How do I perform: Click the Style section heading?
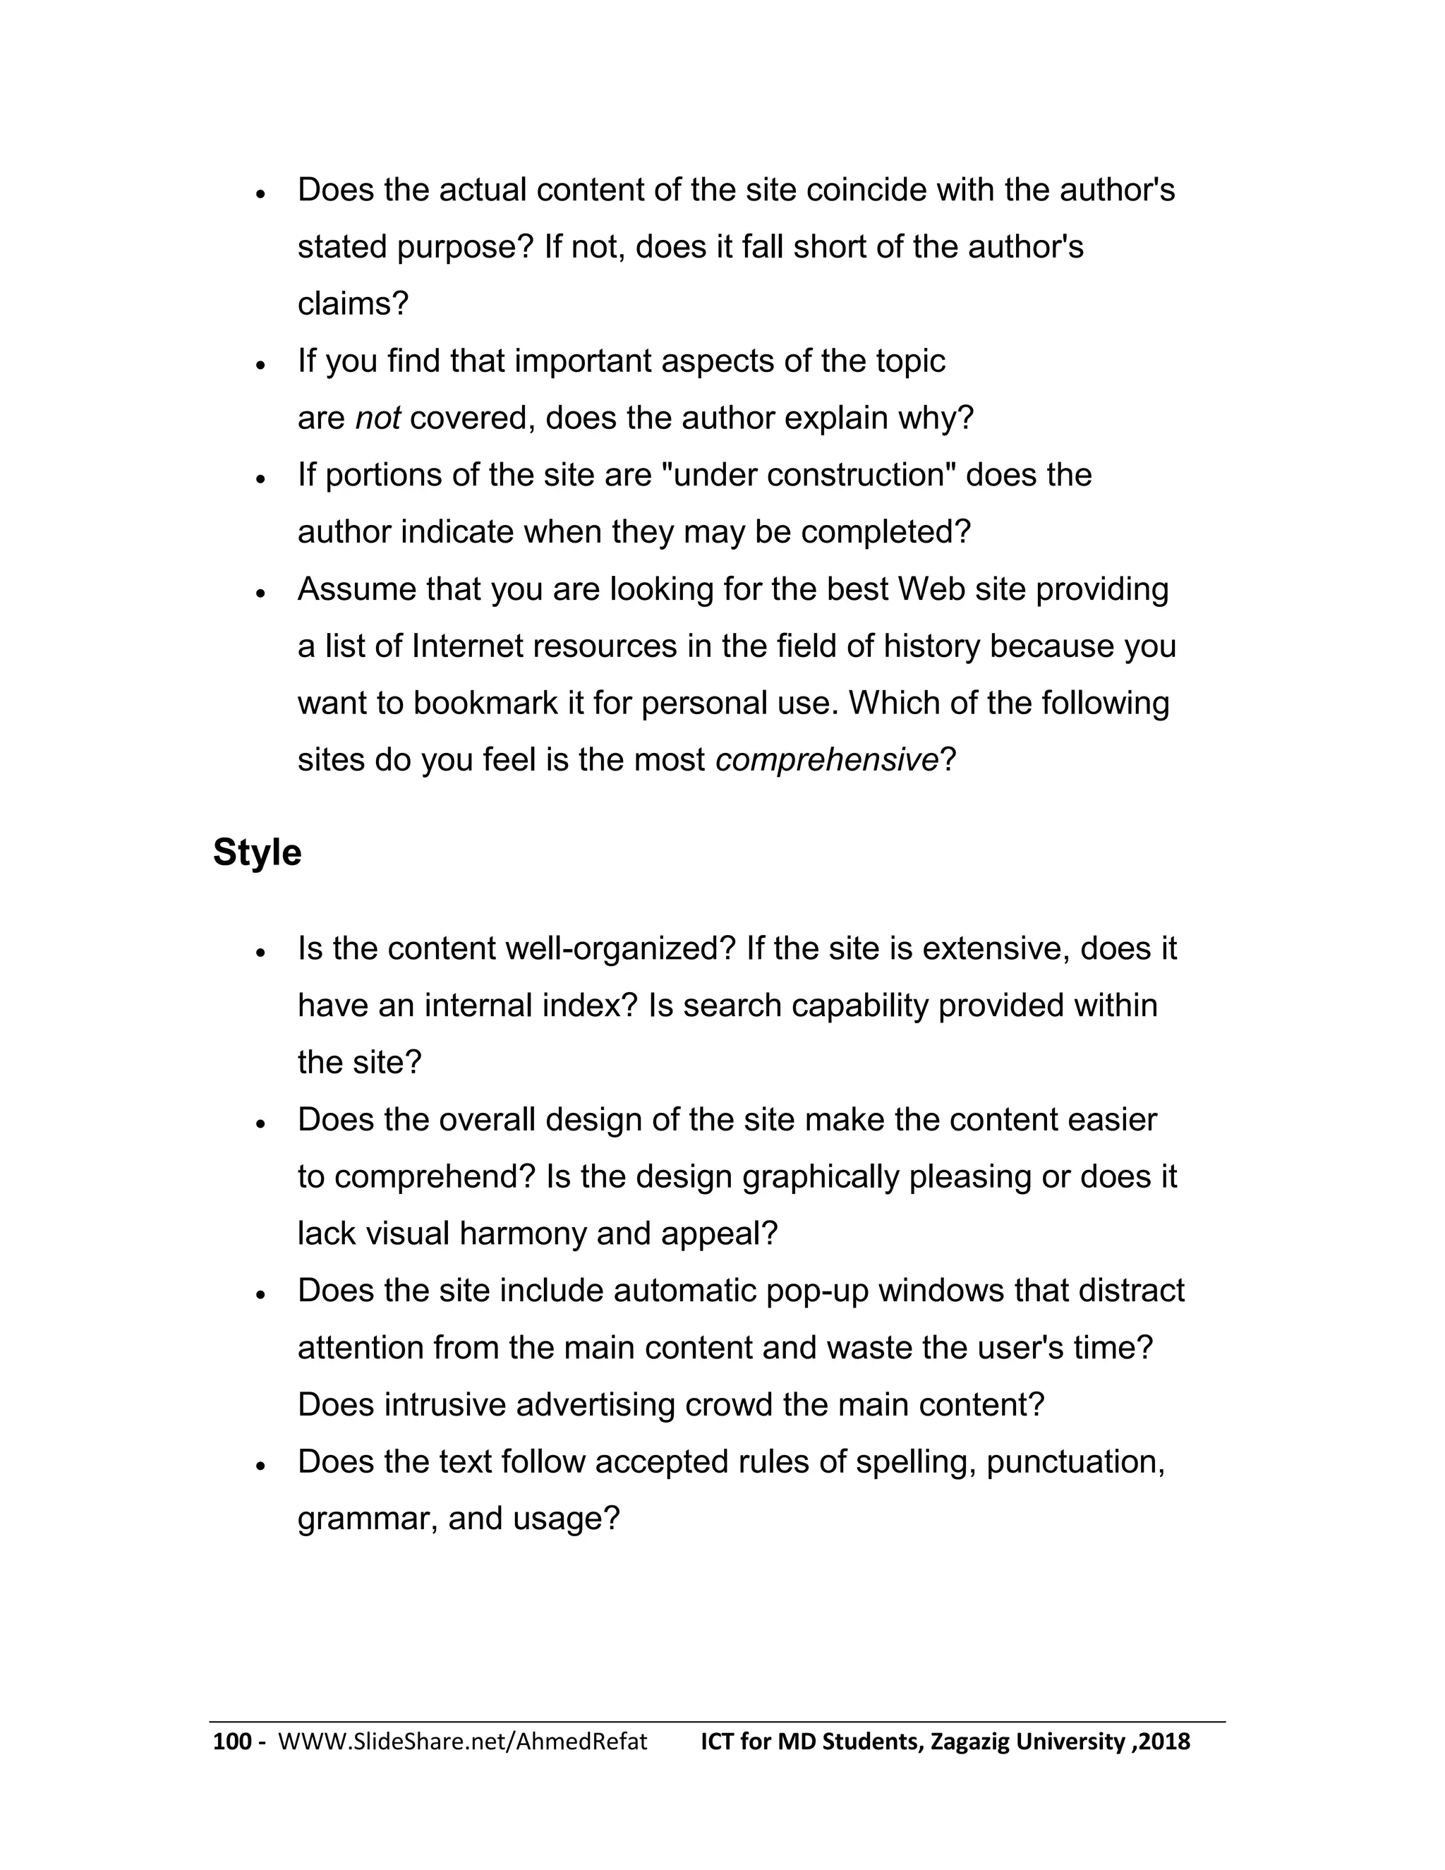pos(257,853)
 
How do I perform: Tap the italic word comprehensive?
pos(827,759)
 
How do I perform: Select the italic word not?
pos(377,418)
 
